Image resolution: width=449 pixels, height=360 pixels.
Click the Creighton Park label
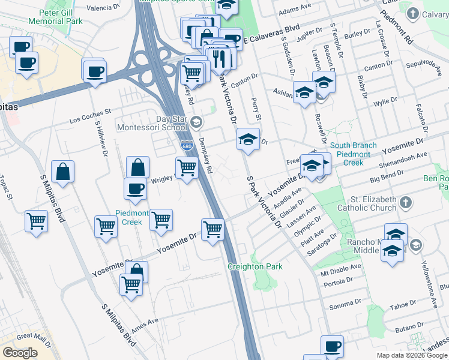255,266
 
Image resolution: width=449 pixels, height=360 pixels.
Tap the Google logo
20,353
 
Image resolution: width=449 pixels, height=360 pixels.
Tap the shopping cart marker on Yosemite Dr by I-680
213,229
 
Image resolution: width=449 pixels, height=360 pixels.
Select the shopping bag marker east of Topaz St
62,172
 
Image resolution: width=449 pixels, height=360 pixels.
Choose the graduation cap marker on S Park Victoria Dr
248,140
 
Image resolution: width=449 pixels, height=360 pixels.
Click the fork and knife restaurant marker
219,58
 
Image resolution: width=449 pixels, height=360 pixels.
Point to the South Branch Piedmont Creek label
353,154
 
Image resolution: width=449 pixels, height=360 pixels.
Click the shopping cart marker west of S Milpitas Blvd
37,221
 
